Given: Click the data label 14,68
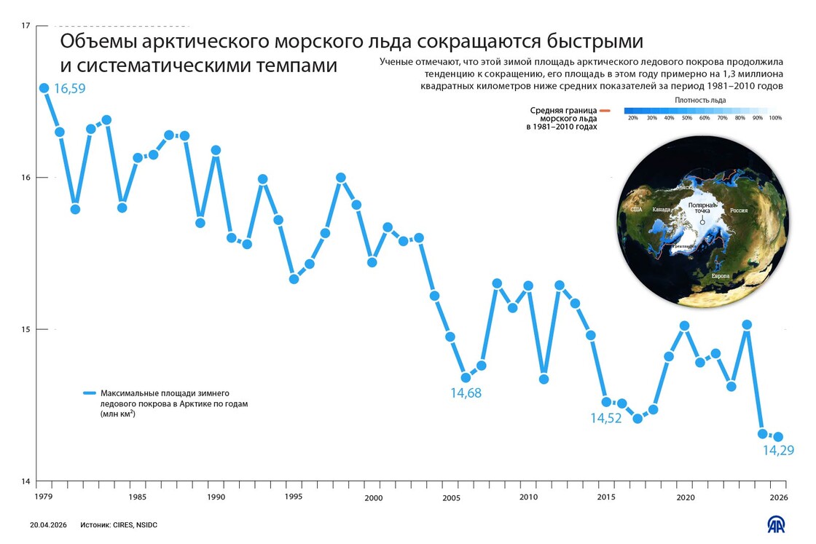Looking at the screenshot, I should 466,393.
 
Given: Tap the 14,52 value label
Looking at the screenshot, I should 606,418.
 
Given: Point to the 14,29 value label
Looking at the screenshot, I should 778,451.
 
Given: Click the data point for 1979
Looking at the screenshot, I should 44,88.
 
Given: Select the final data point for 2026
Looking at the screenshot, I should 778,437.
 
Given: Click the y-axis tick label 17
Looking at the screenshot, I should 26,26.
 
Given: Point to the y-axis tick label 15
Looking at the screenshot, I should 26,329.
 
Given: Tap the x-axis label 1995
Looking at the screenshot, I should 294,497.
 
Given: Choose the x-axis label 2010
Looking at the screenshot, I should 528,497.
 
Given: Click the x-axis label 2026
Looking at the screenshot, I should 778,497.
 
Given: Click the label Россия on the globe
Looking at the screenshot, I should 739,210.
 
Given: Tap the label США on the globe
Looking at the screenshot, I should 636,210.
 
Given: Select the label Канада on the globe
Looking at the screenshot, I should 662,210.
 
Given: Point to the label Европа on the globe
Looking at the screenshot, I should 721,277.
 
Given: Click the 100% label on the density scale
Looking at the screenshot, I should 774,118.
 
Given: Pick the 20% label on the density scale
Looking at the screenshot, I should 632,118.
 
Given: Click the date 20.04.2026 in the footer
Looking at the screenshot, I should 48,524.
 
